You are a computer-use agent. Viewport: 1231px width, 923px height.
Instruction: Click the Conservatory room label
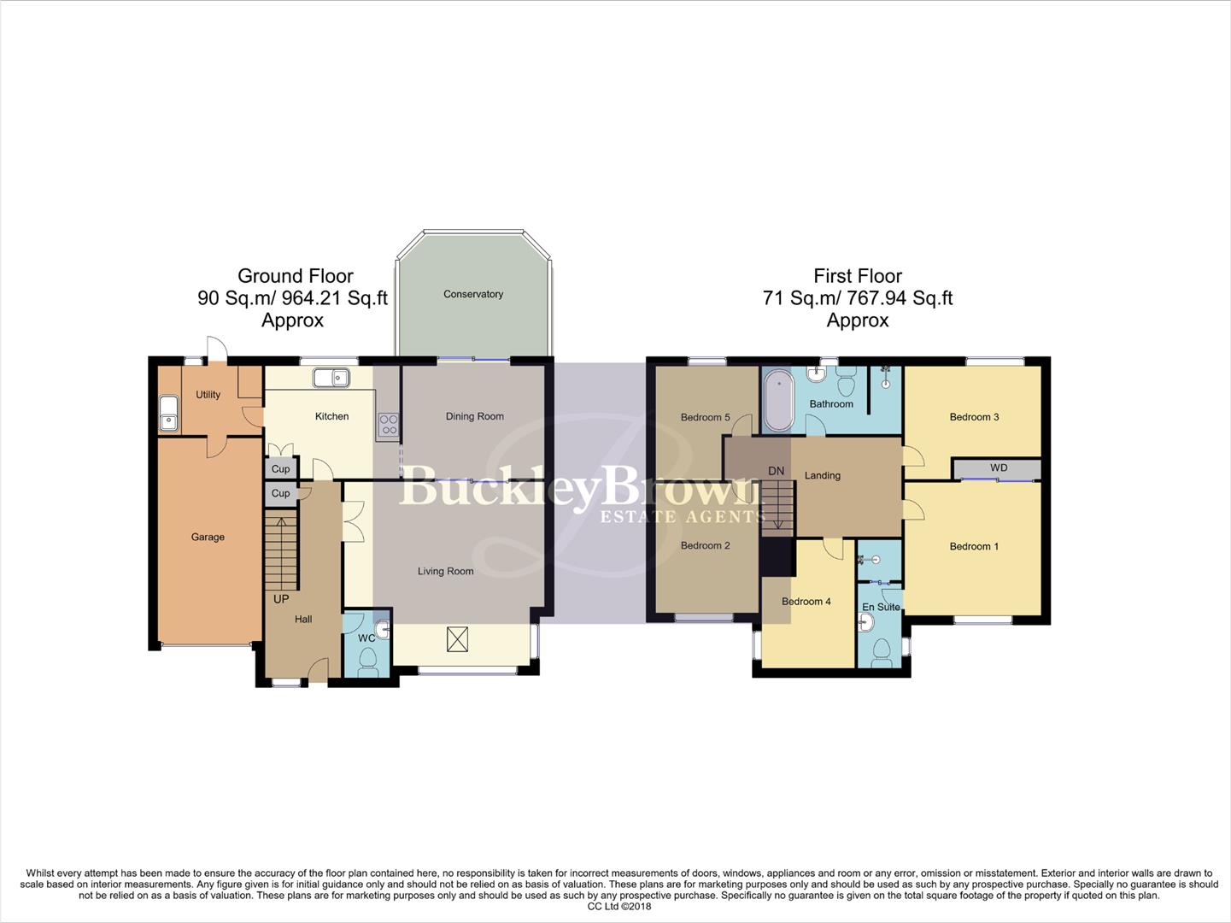pos(472,294)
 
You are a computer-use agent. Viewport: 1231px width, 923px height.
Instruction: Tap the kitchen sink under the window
pos(330,377)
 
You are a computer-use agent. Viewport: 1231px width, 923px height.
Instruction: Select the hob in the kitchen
pos(388,425)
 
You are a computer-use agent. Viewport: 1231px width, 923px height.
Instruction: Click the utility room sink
pos(168,413)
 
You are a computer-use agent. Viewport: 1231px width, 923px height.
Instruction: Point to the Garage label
pos(208,537)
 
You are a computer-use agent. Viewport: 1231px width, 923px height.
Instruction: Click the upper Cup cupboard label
pos(280,468)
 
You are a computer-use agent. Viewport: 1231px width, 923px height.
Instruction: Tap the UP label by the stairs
pos(281,599)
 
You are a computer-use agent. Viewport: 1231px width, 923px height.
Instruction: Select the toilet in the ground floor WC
pos(368,661)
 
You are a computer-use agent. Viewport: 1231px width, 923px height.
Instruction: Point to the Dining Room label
pos(474,416)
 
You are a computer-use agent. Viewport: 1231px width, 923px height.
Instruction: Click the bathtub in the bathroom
pos(777,401)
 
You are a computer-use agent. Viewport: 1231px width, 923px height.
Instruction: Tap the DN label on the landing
pos(776,471)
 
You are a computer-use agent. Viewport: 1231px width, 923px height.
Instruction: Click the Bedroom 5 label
pos(705,417)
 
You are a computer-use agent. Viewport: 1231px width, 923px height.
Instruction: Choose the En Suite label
pos(880,607)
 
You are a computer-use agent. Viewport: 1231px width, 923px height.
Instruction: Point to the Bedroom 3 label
pos(974,417)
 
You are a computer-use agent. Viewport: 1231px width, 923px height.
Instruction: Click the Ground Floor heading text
pos(295,276)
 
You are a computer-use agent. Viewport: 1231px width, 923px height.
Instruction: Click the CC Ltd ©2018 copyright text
pos(618,907)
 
